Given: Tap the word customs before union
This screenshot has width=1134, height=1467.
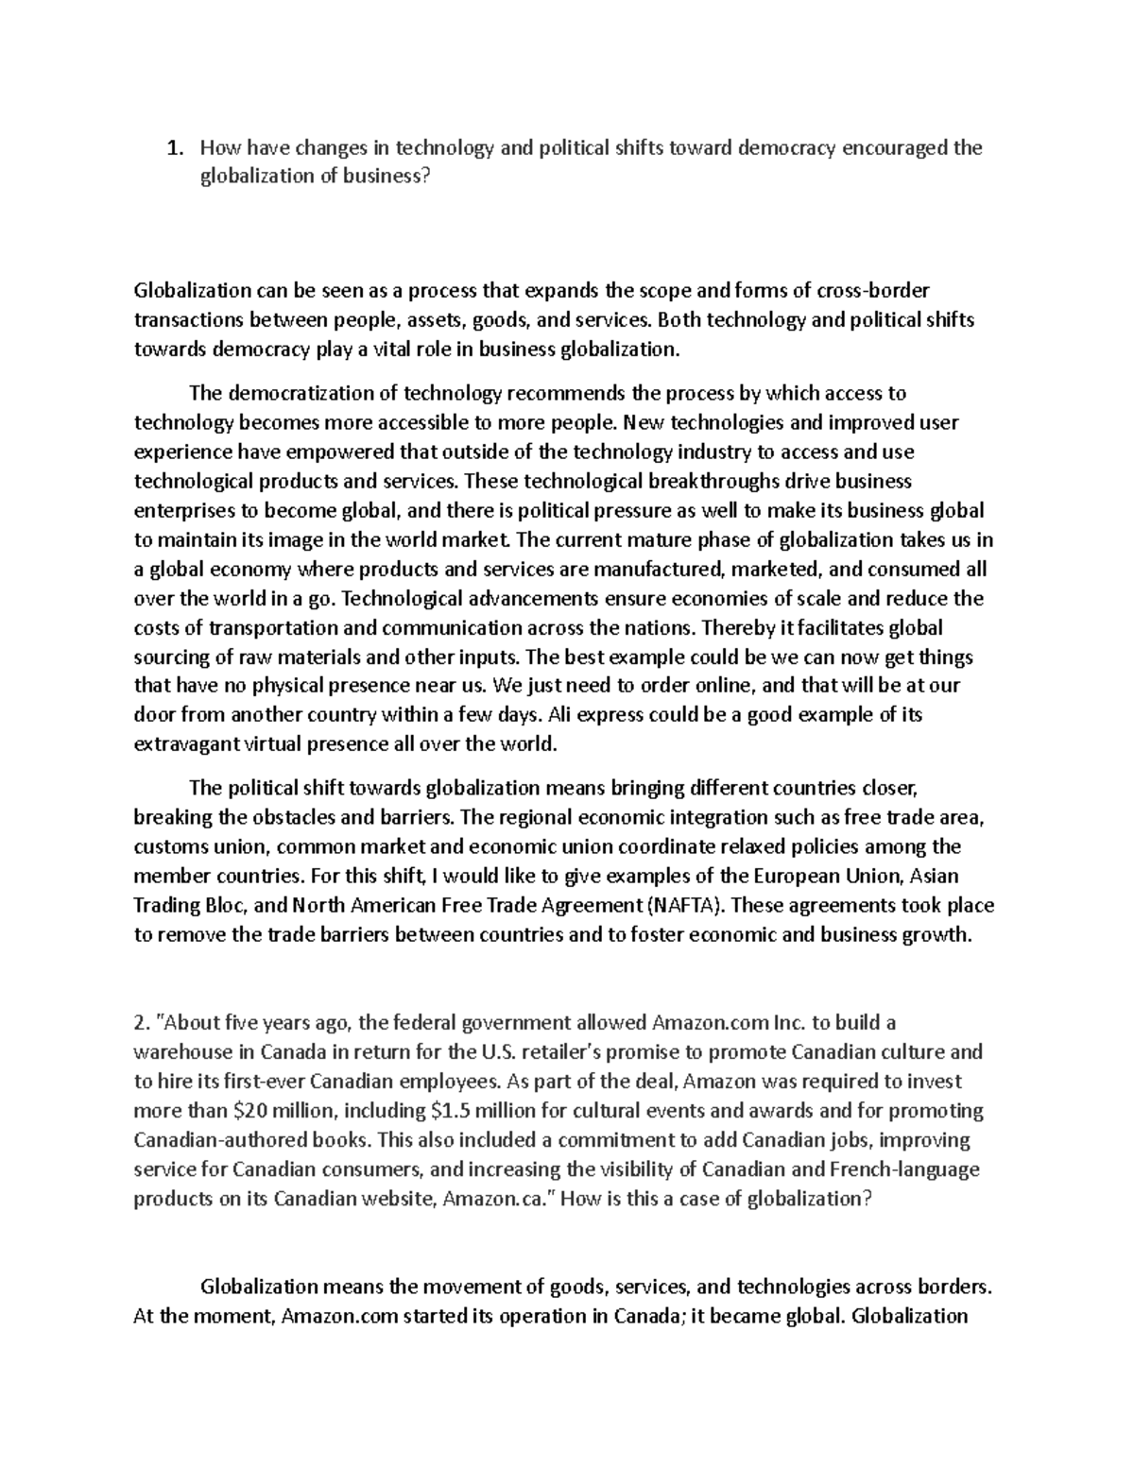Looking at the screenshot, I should click(x=170, y=846).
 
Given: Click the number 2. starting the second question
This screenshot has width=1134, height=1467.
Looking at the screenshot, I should click(x=142, y=1022).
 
